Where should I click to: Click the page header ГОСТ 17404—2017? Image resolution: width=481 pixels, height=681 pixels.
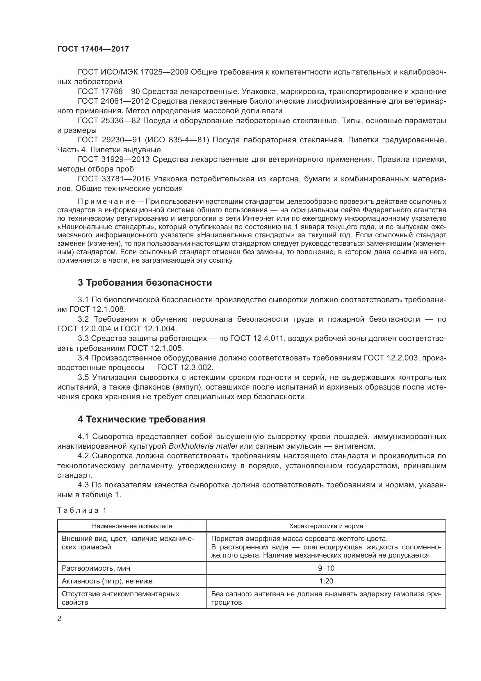pyautogui.click(x=93, y=49)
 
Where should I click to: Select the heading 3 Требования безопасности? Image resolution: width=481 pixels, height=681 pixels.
pyautogui.click(x=145, y=282)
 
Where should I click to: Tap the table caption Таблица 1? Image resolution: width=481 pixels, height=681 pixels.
pyautogui.click(x=81, y=510)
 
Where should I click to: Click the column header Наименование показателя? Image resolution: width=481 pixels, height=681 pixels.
pyautogui.click(x=132, y=526)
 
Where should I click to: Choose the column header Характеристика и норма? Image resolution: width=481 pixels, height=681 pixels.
pyautogui.click(x=326, y=526)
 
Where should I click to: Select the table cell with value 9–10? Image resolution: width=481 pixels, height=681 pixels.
pyautogui.click(x=326, y=568)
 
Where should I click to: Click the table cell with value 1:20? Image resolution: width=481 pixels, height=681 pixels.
pyautogui.click(x=326, y=581)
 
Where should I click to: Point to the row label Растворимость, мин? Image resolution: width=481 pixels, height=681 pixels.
pyautogui.click(x=96, y=568)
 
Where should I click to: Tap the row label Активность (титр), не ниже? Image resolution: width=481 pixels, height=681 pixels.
pyautogui.click(x=107, y=581)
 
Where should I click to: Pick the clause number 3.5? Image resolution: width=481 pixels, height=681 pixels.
pyautogui.click(x=83, y=377)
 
